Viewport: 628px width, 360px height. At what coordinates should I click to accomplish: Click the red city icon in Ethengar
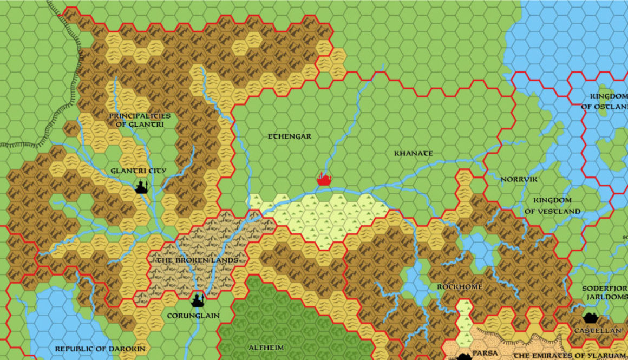pos(324,179)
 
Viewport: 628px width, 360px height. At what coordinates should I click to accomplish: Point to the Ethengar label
pos(290,136)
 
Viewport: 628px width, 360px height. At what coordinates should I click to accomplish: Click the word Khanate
pos(413,153)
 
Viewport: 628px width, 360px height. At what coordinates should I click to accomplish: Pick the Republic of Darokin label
pos(100,349)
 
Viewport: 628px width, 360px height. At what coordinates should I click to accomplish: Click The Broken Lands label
pos(197,260)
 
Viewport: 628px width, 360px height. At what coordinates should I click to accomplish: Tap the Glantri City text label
pos(138,171)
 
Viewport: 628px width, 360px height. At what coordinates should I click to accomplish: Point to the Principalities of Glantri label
pos(139,120)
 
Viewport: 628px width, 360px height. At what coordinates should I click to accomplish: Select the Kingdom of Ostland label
pos(604,101)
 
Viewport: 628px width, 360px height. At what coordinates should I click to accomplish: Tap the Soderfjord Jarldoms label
pos(604,293)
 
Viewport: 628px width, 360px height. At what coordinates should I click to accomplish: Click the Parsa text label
pos(485,354)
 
